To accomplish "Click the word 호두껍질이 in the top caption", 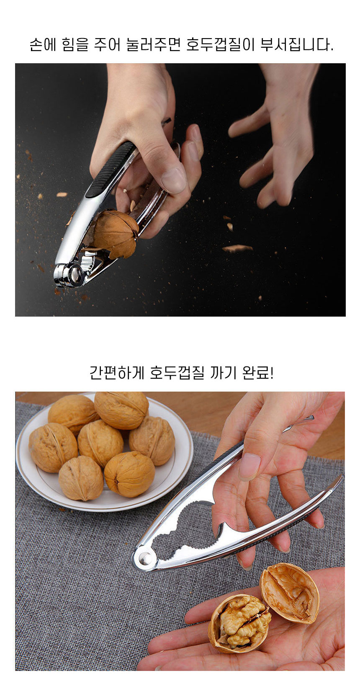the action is pos(220,45).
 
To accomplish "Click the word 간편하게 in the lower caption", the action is pos(116,372).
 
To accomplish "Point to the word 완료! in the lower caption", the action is pos(258,372).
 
